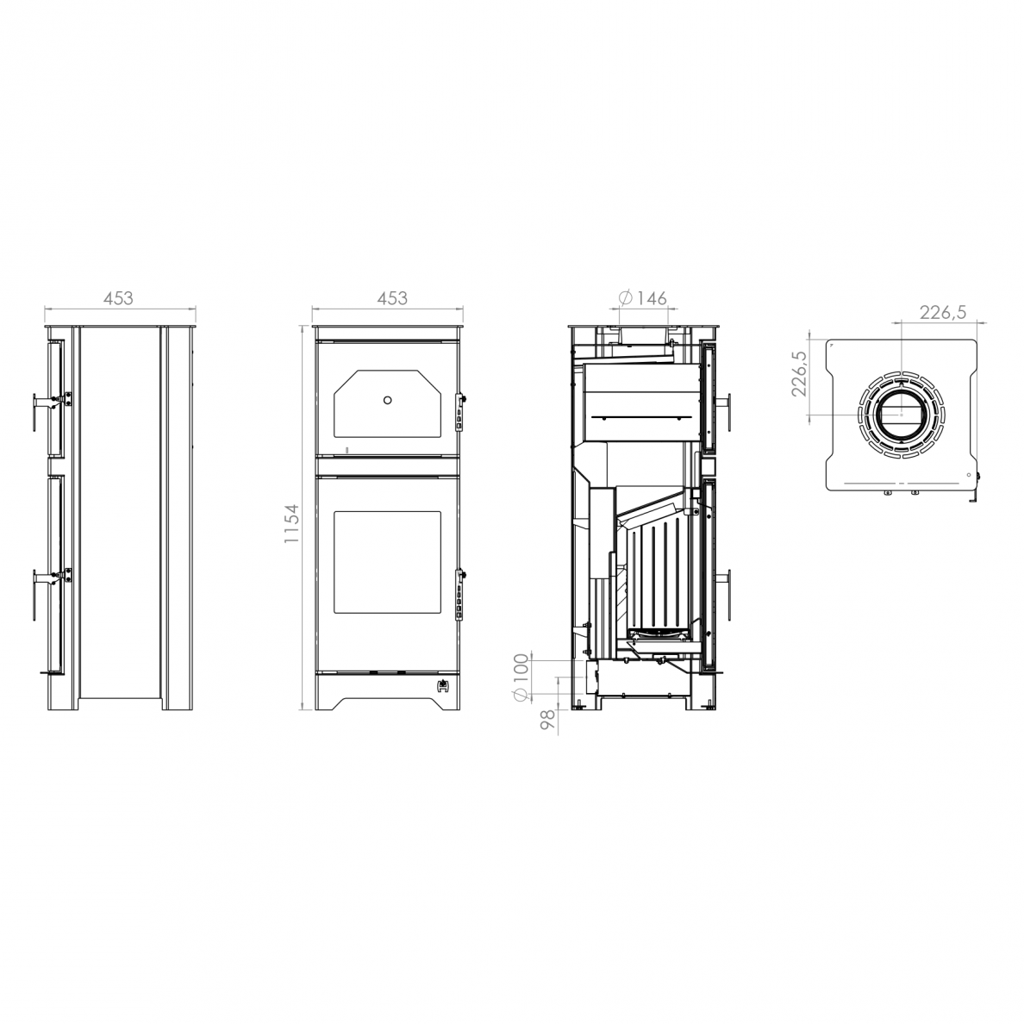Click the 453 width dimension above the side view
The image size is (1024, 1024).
point(118,297)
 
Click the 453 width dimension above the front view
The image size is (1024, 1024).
point(392,297)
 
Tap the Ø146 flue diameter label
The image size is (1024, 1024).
point(642,297)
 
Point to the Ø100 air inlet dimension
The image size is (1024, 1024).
point(521,677)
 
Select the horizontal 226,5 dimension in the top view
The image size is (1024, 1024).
point(942,313)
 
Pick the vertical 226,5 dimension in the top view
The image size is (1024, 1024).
point(799,373)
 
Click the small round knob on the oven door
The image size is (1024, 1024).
point(388,400)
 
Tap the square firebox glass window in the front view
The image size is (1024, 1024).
point(388,562)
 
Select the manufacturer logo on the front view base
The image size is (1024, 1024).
point(443,685)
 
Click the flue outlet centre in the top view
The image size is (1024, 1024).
point(901,414)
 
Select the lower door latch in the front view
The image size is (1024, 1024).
point(459,591)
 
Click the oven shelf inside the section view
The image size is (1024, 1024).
point(640,416)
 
